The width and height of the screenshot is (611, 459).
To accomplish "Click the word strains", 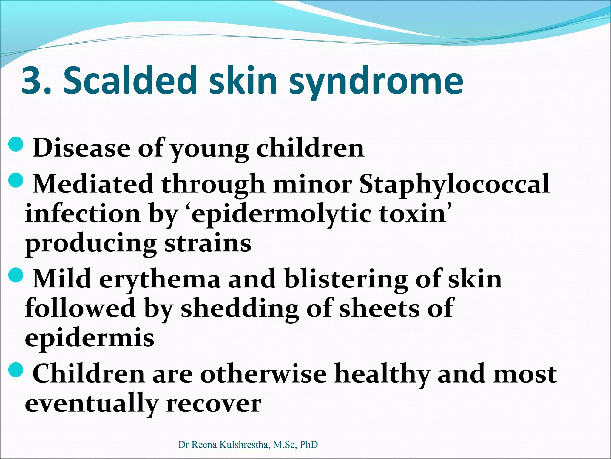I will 208,243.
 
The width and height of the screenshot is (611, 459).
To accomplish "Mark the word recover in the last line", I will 213,403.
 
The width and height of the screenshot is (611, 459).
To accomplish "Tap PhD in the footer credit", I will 309,445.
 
